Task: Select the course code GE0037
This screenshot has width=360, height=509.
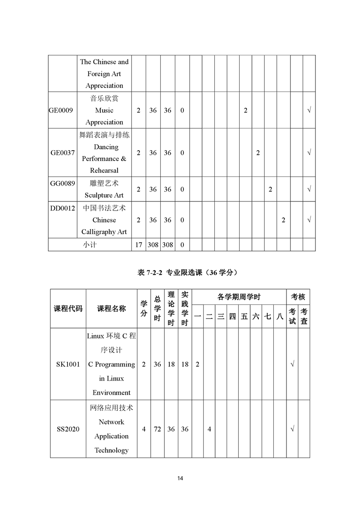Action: [x=63, y=153]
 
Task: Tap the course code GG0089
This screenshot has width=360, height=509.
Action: [x=63, y=183]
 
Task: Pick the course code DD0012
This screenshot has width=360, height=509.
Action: [x=63, y=208]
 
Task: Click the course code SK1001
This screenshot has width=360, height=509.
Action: [x=68, y=364]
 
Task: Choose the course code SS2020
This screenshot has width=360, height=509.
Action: [x=68, y=429]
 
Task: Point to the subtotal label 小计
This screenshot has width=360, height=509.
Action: [x=90, y=245]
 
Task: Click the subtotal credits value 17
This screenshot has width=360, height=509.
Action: [x=138, y=245]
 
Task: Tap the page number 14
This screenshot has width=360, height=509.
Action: [x=180, y=478]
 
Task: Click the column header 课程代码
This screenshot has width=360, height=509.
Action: [x=68, y=308]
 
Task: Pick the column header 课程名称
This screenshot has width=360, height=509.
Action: [x=112, y=308]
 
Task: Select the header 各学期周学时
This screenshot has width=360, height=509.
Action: [x=239, y=297]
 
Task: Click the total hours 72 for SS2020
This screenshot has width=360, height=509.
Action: [x=157, y=429]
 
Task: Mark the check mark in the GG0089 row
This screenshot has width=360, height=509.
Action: [x=309, y=189]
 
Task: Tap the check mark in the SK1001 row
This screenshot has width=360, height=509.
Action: [x=292, y=364]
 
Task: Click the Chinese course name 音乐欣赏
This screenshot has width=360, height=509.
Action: [x=104, y=98]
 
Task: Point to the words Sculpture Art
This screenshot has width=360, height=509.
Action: [x=104, y=196]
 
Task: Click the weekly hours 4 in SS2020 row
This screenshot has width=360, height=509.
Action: [x=209, y=429]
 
